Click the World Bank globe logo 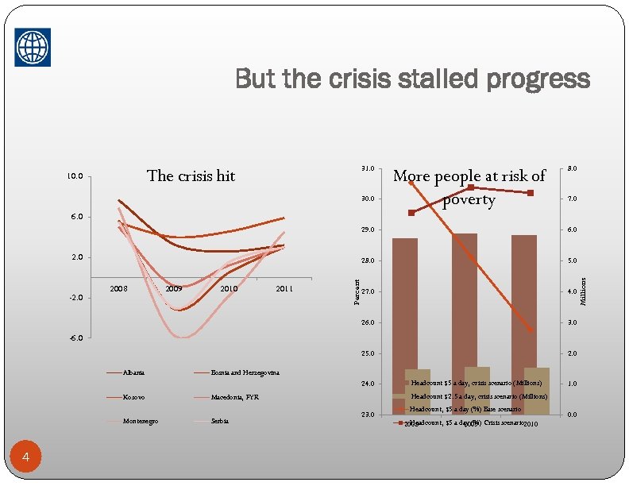pyautogui.click(x=33, y=47)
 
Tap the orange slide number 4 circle pyautogui.click(x=27, y=456)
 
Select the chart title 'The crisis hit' pyautogui.click(x=191, y=175)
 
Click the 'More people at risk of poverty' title pyautogui.click(x=469, y=187)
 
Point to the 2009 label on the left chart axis pyautogui.click(x=174, y=289)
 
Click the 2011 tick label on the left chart pyautogui.click(x=284, y=289)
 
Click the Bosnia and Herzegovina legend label pyautogui.click(x=245, y=372)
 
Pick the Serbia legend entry pyautogui.click(x=220, y=420)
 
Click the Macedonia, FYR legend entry pyautogui.click(x=235, y=396)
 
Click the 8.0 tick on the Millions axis pyautogui.click(x=572, y=168)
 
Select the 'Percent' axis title pyautogui.click(x=357, y=291)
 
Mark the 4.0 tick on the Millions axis pyautogui.click(x=572, y=291)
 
